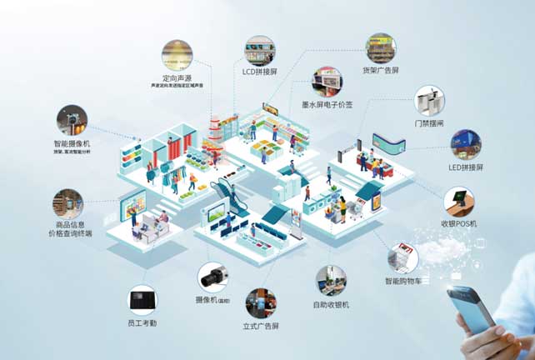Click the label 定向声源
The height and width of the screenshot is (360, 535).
click(177, 77)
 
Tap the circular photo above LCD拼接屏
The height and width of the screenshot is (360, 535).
click(259, 50)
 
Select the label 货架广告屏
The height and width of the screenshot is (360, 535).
click(381, 70)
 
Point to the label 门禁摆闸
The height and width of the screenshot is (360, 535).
click(429, 123)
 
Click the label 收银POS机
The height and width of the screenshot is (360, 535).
click(460, 223)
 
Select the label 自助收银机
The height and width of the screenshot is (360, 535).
click(331, 305)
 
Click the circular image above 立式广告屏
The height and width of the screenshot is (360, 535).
click(261, 304)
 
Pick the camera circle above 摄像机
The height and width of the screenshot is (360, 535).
click(212, 277)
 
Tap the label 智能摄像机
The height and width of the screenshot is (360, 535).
click(72, 143)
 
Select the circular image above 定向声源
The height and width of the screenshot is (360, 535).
click(177, 54)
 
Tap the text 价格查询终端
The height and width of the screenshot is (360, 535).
click(71, 234)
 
